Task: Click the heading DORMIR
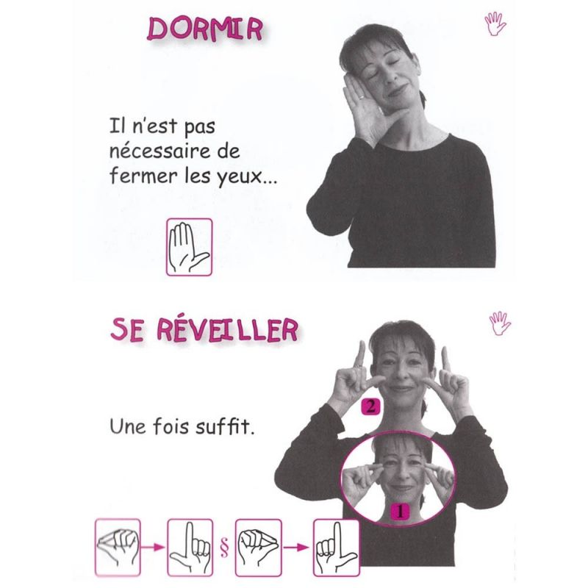click(205, 29)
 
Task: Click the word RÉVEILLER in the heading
click(227, 330)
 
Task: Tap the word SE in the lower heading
click(127, 330)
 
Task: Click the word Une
click(128, 426)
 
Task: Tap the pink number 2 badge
click(370, 407)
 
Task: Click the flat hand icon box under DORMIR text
click(190, 247)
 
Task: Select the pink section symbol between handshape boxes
click(224, 548)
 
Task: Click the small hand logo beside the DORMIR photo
click(495, 24)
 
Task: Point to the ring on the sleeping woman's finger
click(361, 97)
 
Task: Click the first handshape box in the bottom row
click(118, 547)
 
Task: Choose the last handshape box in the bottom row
click(337, 548)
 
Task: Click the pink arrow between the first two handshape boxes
click(153, 548)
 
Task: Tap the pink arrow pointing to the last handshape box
click(296, 548)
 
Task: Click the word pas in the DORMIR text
click(199, 127)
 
